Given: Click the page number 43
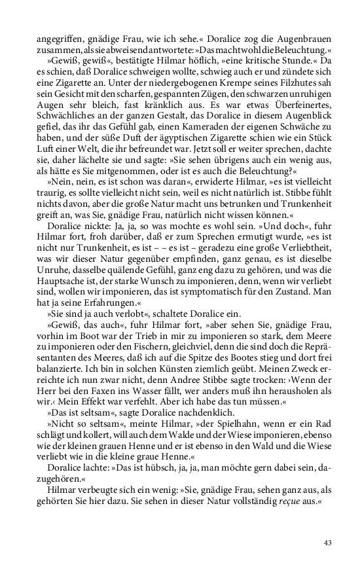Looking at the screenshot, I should click(328, 542).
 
